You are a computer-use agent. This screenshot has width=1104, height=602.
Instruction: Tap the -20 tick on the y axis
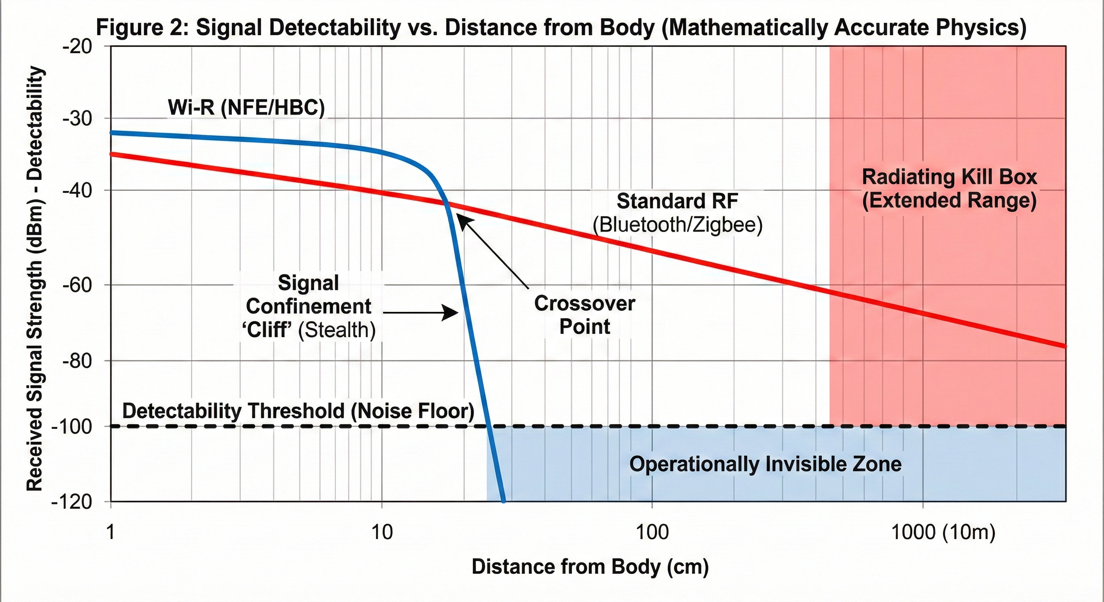click(x=78, y=46)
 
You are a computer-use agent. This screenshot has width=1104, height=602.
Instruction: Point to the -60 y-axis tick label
click(x=78, y=285)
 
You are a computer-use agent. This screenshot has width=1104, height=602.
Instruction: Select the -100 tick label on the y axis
click(x=72, y=427)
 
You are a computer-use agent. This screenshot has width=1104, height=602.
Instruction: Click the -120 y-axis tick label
click(x=72, y=502)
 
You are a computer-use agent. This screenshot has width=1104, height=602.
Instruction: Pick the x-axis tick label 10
click(x=381, y=532)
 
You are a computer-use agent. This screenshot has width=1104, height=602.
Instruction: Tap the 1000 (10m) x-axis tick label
click(x=943, y=532)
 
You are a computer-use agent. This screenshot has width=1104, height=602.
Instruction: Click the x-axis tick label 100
click(x=652, y=532)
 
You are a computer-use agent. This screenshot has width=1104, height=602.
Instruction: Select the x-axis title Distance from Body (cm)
click(x=590, y=566)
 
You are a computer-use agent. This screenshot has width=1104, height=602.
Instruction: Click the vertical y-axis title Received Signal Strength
click(x=35, y=279)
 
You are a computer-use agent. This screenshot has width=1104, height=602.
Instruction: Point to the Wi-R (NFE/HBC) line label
click(x=247, y=107)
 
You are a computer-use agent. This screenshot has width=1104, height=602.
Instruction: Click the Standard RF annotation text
click(x=677, y=201)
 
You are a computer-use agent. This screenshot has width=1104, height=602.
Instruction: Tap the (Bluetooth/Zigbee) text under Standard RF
click(x=677, y=225)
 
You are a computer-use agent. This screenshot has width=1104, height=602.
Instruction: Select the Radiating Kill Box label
click(x=949, y=177)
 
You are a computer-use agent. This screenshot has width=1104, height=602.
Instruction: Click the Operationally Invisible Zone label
click(x=765, y=464)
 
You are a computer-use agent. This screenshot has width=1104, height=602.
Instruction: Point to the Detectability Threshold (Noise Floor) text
click(x=298, y=411)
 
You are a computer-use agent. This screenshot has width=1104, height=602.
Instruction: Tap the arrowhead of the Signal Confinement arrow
click(x=452, y=313)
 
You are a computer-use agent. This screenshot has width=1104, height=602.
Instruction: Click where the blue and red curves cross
click(x=447, y=203)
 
